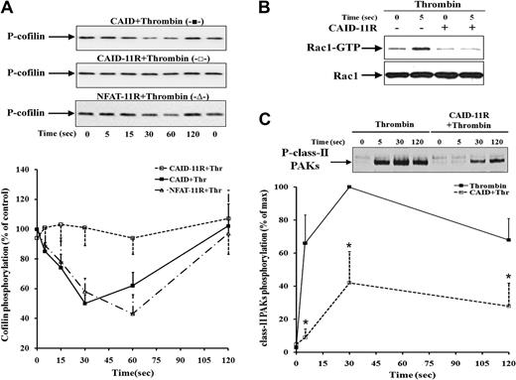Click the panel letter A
click(8, 8)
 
